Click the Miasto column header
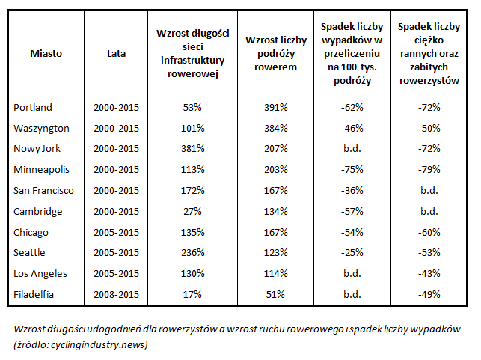click(46, 54)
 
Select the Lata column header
click(116, 54)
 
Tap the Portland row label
click(33, 108)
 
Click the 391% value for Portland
click(276, 108)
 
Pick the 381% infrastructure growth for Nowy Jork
click(193, 148)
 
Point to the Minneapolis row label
click(41, 170)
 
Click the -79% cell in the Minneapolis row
click(429, 169)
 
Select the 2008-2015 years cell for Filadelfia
click(116, 295)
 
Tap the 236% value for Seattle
click(193, 252)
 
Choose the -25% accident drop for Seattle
click(352, 252)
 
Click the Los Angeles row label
click(40, 274)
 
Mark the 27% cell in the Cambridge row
click(193, 212)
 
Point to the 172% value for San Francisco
click(193, 191)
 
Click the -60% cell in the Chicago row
click(429, 232)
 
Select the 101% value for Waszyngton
click(193, 128)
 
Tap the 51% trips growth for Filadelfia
click(275, 295)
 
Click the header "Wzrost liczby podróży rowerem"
click(276, 54)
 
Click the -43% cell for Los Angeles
click(429, 273)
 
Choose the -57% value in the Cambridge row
click(352, 212)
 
